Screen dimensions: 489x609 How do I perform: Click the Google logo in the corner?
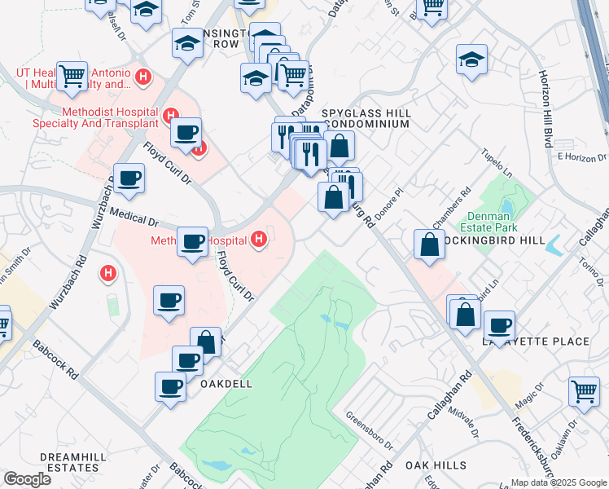[x=26, y=479]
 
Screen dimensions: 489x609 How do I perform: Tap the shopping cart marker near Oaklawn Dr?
[x=584, y=391]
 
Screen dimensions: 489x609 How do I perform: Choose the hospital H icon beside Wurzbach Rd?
[x=107, y=274]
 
